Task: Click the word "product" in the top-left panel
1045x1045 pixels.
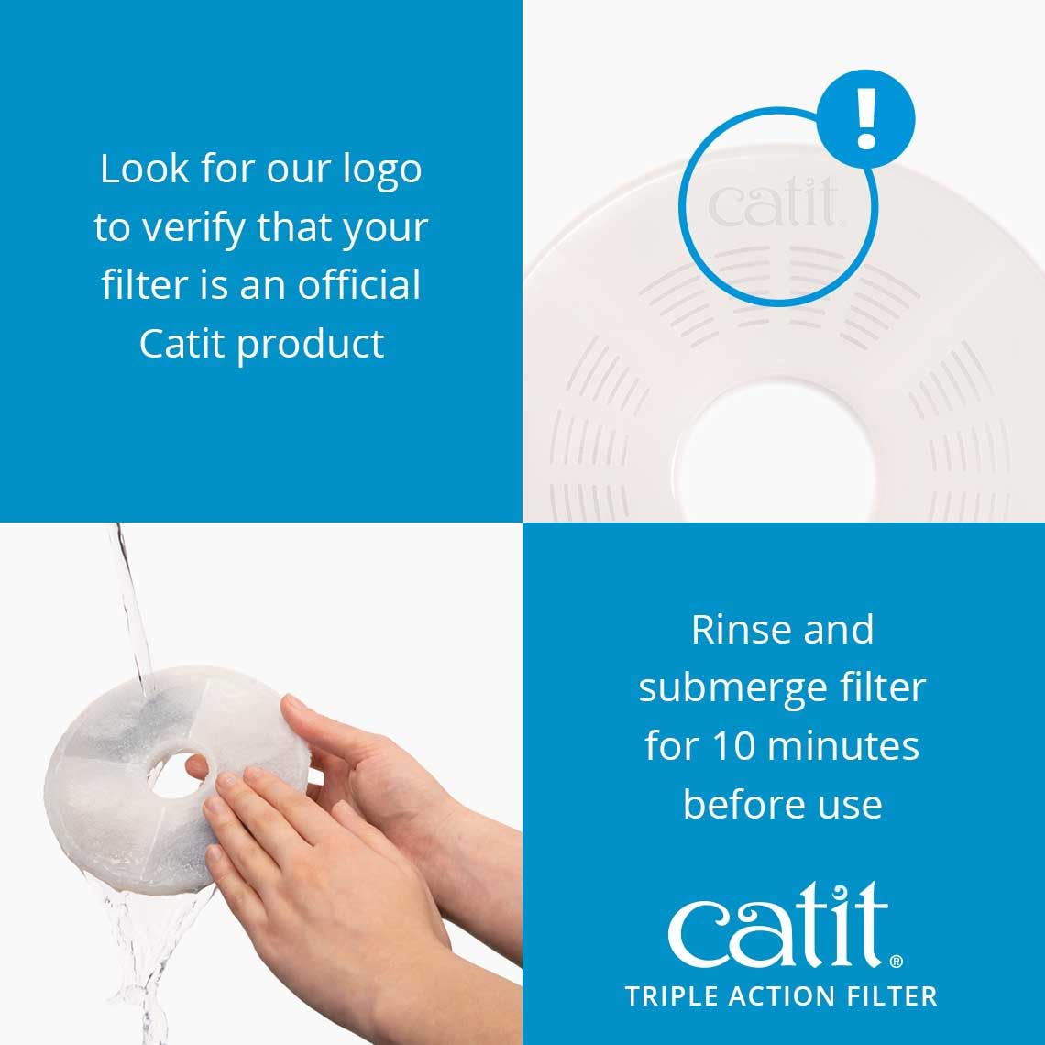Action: [x=311, y=345]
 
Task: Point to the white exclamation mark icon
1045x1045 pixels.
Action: [x=866, y=119]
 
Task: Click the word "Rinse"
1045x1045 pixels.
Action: [x=737, y=630]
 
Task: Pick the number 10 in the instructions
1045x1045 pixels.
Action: [x=718, y=745]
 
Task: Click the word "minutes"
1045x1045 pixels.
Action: [x=836, y=745]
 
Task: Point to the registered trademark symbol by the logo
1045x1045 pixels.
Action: [x=896, y=961]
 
